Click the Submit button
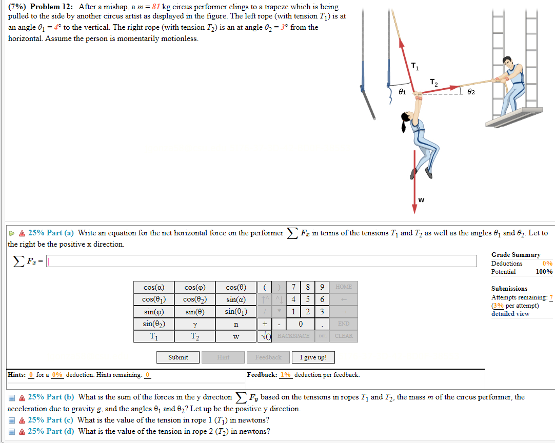[x=178, y=357]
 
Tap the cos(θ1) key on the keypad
[x=154, y=299]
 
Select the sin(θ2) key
[x=154, y=324]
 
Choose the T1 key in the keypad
[x=154, y=336]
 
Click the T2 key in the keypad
[x=195, y=336]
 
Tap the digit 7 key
[x=292, y=287]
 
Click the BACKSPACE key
[x=293, y=336]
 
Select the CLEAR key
[x=344, y=336]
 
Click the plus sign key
[x=264, y=324]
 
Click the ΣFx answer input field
[x=267, y=261]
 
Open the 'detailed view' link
[x=510, y=314]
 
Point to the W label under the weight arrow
[x=421, y=199]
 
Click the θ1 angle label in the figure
[x=403, y=92]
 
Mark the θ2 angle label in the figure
[x=471, y=91]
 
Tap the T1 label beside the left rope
[x=415, y=65]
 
